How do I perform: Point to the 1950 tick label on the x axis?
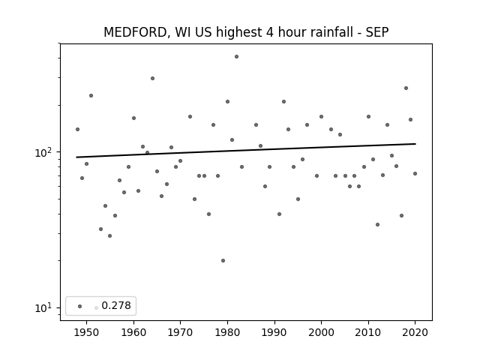click(x=87, y=332)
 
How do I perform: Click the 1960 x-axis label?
click(x=133, y=332)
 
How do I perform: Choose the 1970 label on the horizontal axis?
click(x=180, y=332)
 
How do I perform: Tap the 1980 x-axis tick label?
click(x=227, y=332)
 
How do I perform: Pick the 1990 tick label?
click(x=274, y=332)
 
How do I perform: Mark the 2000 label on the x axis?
click(x=321, y=332)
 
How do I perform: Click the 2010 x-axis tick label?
click(x=368, y=332)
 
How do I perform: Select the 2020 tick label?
click(x=415, y=332)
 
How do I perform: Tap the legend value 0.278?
click(x=116, y=305)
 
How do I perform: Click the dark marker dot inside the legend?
click(x=80, y=306)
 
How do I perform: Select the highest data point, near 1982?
click(x=237, y=57)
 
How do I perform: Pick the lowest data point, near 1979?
click(x=223, y=260)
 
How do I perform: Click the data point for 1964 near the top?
click(x=152, y=78)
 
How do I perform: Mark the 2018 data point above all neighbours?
click(x=406, y=88)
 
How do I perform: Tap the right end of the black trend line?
click(x=415, y=143)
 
